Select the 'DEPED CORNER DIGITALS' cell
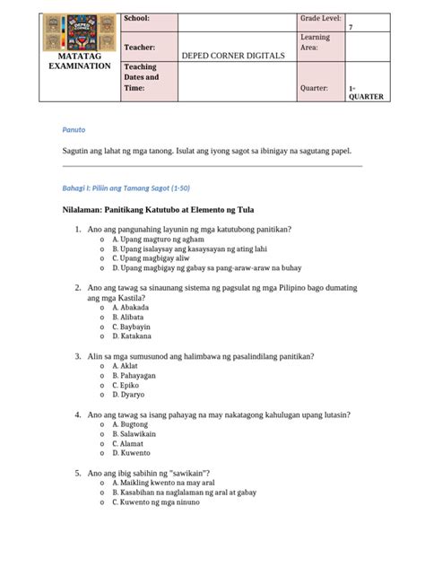[x=233, y=56]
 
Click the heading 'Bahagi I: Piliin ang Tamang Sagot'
[x=125, y=186]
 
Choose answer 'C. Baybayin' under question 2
[x=136, y=327]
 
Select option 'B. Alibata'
[x=134, y=316]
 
